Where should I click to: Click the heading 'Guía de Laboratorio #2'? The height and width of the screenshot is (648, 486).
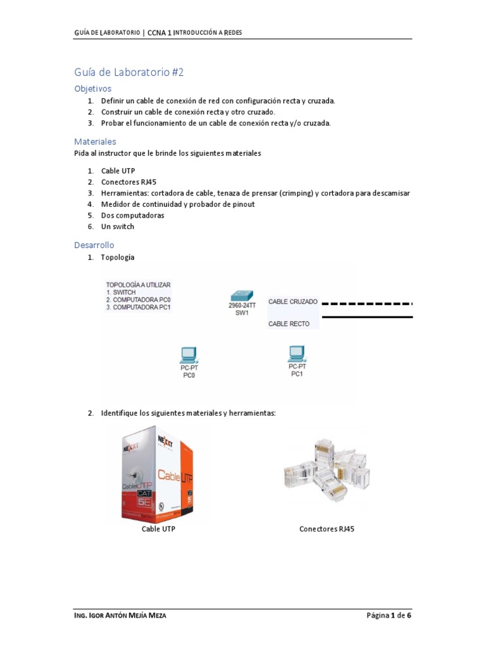point(128,73)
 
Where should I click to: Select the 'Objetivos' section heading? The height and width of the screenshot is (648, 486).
point(92,89)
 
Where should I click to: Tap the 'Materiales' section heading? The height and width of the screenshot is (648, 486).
point(95,142)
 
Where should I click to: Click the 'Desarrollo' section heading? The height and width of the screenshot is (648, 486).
point(94,245)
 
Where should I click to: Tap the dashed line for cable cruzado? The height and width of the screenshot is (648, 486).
point(367,304)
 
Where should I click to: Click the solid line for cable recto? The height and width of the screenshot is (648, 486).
point(367,317)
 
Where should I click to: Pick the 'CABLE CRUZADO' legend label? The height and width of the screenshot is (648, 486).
point(293,302)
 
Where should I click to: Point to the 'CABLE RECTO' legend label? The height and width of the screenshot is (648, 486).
point(289,324)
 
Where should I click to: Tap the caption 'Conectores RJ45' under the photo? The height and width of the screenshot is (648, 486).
point(327,529)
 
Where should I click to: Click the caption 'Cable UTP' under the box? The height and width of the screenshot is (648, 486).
point(158,529)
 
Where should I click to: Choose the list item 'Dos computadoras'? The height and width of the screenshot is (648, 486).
point(132,215)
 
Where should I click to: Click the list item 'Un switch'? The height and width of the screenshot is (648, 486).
point(118,227)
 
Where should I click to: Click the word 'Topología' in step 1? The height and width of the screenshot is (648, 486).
point(118,258)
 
